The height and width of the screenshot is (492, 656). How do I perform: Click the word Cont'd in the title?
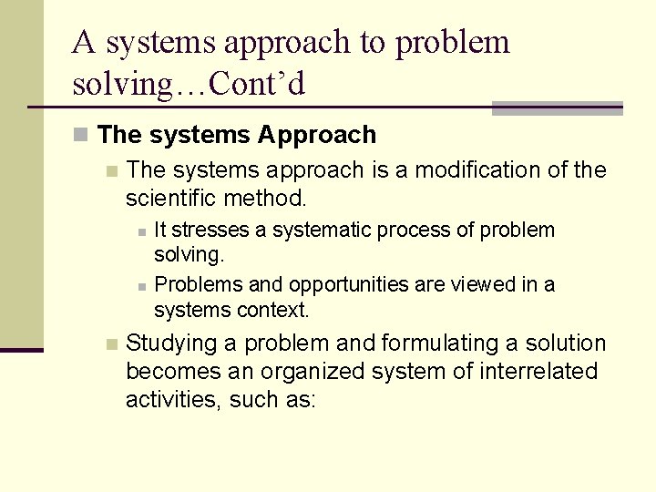point(257,85)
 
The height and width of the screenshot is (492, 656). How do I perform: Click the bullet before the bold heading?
point(81,136)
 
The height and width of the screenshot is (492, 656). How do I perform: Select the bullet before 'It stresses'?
point(142,231)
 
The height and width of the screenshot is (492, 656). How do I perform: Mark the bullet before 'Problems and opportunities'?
point(142,286)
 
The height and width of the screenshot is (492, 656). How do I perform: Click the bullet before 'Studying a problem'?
point(111,344)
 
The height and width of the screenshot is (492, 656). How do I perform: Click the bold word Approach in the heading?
point(317,136)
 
